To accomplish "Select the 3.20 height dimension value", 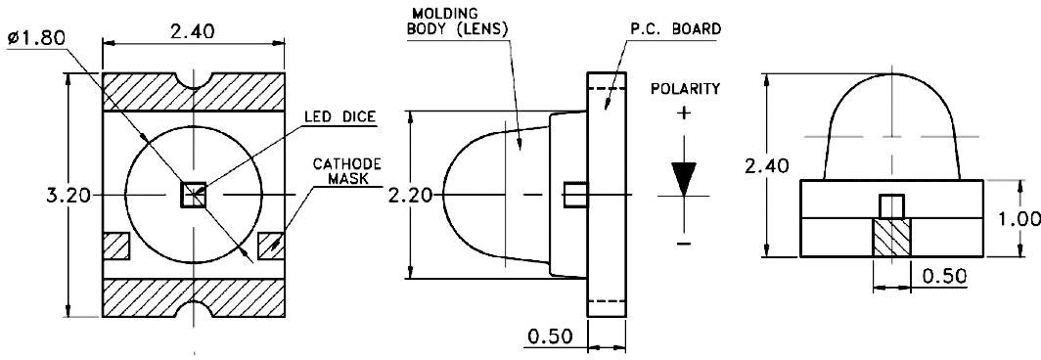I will tap(68, 196).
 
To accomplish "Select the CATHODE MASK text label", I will tap(346, 172).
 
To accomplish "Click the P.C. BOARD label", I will tap(673, 29).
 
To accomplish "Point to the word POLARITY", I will tap(685, 89).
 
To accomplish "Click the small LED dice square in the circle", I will tap(194, 196).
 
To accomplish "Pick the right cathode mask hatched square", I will tap(269, 246).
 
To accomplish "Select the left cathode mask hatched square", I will tap(116, 246).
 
